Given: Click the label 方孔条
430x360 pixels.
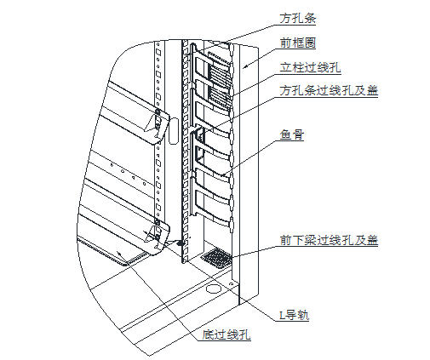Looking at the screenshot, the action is [297, 19].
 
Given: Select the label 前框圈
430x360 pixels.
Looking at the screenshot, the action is [297, 43].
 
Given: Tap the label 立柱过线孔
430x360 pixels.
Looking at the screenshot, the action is [310, 68].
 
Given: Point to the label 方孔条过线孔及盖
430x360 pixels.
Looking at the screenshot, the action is [329, 91].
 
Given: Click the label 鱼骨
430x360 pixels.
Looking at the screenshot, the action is [292, 134].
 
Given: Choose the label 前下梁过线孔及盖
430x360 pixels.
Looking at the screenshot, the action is [329, 240].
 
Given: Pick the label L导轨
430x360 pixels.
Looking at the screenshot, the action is [294, 315].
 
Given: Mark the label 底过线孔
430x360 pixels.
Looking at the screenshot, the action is [226, 334].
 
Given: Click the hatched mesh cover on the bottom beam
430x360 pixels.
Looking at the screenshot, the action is [216, 258].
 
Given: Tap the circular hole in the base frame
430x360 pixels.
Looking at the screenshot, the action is [214, 289].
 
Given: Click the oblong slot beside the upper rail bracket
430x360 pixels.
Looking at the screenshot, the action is [174, 131].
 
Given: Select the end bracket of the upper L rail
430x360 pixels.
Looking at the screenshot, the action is [158, 126].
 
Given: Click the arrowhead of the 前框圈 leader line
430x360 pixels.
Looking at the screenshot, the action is [245, 66].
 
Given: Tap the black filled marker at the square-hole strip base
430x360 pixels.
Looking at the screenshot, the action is [180, 243].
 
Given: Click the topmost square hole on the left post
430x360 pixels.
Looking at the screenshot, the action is [158, 45].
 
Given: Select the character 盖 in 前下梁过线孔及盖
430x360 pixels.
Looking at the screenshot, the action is [372, 240].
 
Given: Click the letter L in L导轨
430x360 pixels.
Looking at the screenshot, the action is [282, 315].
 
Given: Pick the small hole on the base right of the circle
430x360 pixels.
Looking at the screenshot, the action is [232, 283].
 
